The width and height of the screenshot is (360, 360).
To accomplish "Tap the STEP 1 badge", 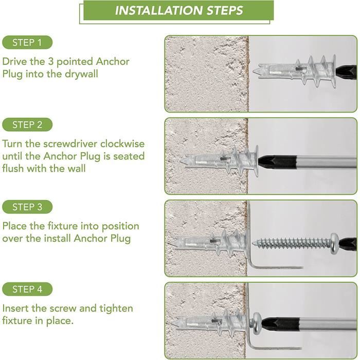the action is pos(27,43).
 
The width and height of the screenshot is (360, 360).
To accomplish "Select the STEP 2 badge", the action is pos(27,124).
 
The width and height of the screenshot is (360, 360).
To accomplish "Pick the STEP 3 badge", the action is pos(27,207).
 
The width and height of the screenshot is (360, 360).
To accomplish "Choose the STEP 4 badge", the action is pos(27,289).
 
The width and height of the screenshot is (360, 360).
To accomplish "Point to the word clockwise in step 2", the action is pos(122,143).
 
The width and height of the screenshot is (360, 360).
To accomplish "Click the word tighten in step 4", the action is pos(116,309).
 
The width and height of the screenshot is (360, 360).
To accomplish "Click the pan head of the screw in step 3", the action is pos(335,243).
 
